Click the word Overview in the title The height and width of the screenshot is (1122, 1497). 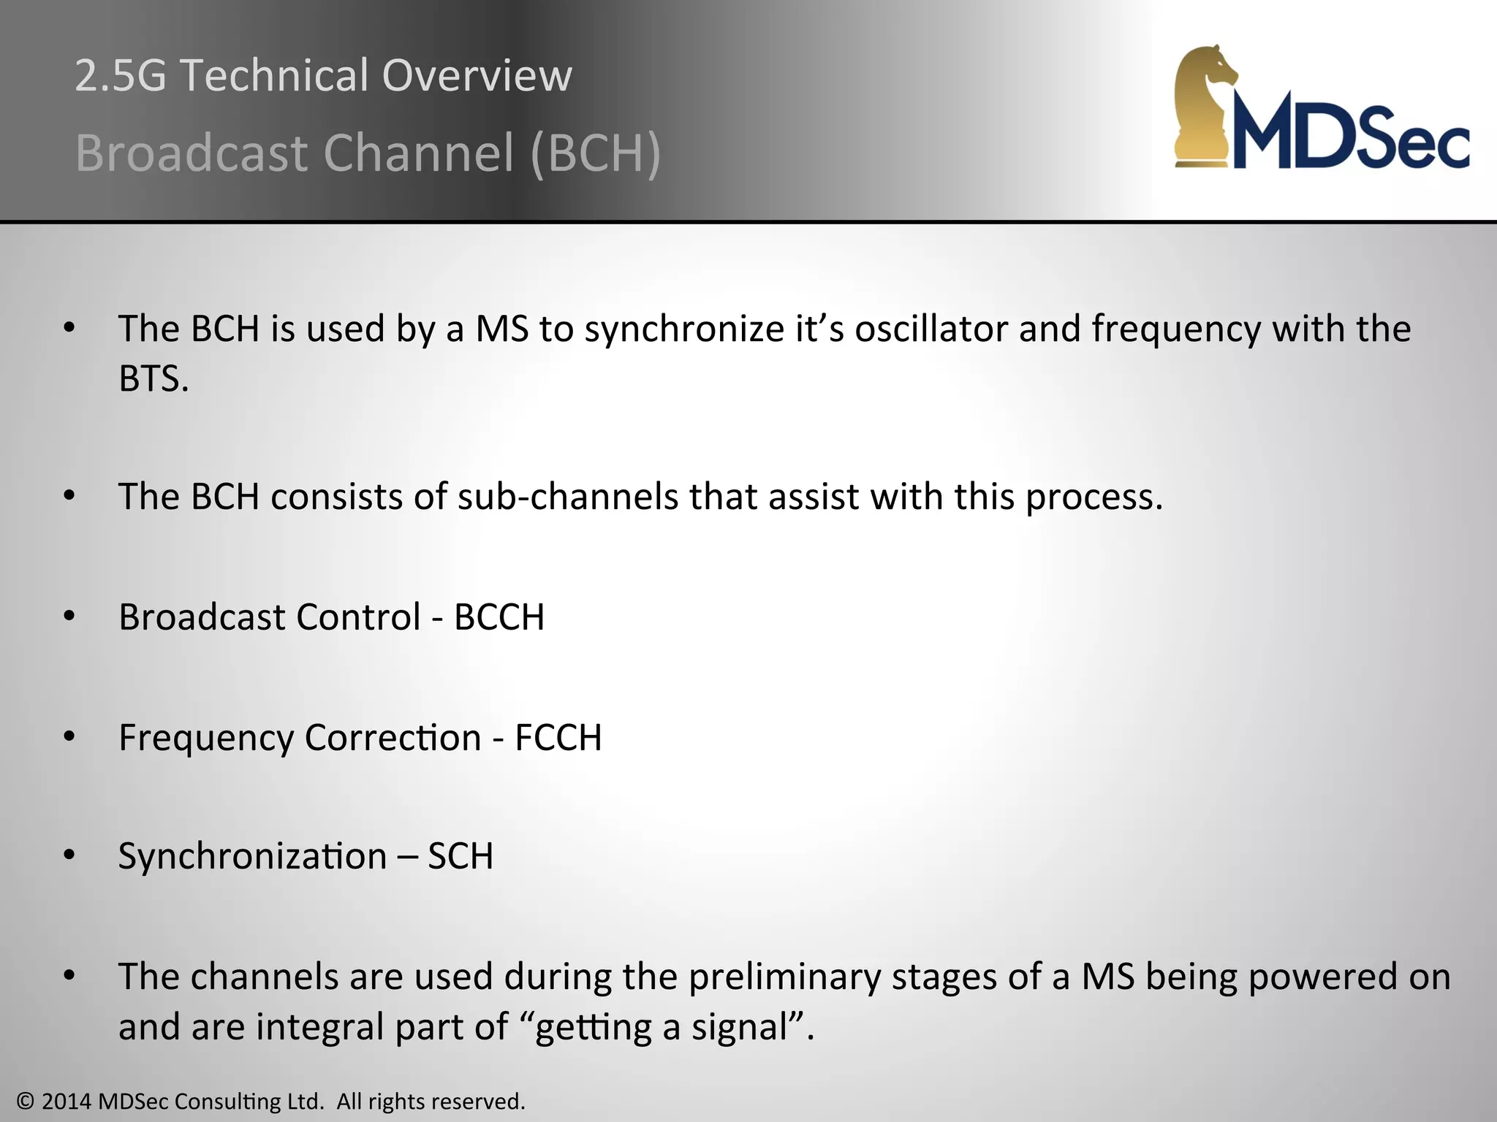click(x=477, y=75)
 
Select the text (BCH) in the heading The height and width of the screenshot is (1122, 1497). click(x=596, y=153)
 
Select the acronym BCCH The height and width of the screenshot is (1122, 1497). click(x=499, y=617)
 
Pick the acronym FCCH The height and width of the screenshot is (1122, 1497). click(x=558, y=738)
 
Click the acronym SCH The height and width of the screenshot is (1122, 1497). click(x=461, y=856)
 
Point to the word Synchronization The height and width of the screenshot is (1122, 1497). click(x=252, y=856)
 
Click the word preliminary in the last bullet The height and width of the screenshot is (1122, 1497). click(x=784, y=977)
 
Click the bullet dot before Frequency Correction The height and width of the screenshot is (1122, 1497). click(x=69, y=737)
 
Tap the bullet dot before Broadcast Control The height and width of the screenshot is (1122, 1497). click(x=69, y=617)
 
